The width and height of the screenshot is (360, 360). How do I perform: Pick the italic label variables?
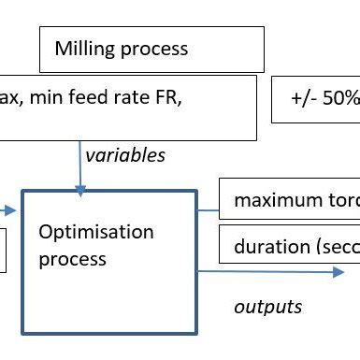125,155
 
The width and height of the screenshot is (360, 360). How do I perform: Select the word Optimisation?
96,232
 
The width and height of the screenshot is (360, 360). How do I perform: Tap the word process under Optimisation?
73,257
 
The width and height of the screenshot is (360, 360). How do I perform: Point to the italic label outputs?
267,306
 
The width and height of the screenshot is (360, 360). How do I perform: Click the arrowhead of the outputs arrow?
338,271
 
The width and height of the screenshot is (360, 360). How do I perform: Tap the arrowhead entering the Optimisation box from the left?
12,211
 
